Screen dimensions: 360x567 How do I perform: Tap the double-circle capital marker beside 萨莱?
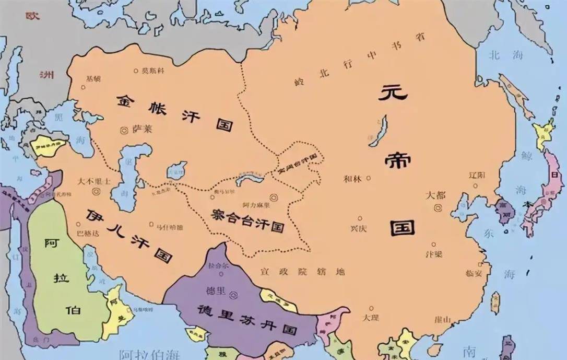pos(124,130)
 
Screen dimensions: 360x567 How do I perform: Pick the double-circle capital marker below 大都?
pos(436,208)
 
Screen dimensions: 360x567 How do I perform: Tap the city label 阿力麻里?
pos(254,206)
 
